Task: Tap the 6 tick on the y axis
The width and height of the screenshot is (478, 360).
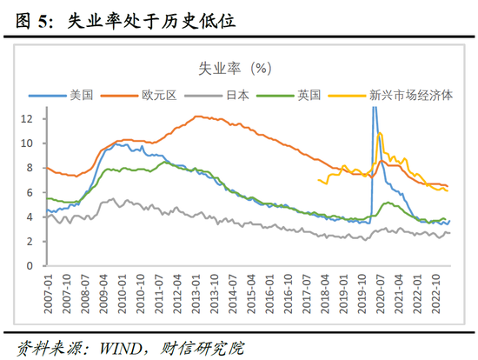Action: (31, 192)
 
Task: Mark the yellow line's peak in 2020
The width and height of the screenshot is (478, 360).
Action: (380, 133)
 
